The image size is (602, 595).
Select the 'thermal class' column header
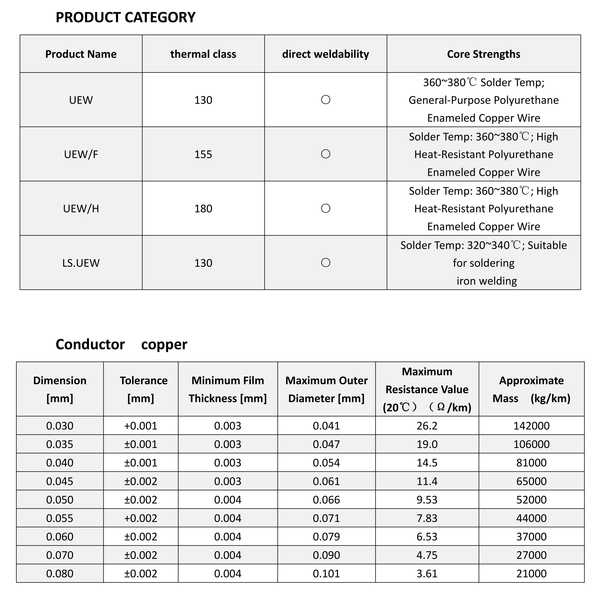(x=203, y=54)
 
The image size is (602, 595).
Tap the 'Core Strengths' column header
(x=483, y=54)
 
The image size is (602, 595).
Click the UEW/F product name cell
(x=81, y=154)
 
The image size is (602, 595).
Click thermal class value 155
(x=203, y=154)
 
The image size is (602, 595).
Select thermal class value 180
(x=203, y=209)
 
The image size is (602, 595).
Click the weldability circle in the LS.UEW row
(x=326, y=263)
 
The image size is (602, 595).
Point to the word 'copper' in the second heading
(x=164, y=344)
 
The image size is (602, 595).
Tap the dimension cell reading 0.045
(x=60, y=481)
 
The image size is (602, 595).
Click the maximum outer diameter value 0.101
(x=326, y=574)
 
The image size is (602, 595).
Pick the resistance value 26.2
(x=427, y=426)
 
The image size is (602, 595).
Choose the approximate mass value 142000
(x=531, y=426)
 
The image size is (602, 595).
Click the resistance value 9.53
(x=427, y=500)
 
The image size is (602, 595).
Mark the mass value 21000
(x=531, y=574)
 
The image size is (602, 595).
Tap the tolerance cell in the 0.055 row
(x=141, y=518)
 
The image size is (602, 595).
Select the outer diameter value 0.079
(x=326, y=537)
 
